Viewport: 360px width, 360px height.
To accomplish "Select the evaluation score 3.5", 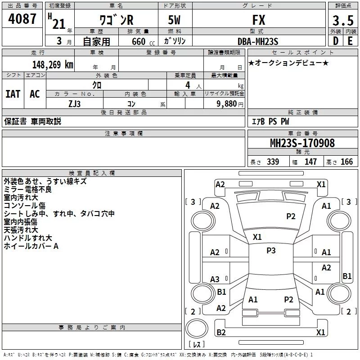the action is tap(342, 21).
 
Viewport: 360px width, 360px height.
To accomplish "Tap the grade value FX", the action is tap(259, 20).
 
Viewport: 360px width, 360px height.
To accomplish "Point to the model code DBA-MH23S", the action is tap(258, 41).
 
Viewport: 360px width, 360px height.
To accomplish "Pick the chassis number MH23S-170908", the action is tap(302, 143).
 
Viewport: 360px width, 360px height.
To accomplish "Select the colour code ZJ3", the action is tap(74, 103).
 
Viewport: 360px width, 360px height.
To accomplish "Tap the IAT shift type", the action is tap(13, 94).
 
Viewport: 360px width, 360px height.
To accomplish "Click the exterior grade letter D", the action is tap(335, 41).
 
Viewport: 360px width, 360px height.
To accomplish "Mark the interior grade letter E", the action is tap(350, 41).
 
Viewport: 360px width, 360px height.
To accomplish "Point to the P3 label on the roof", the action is tap(271, 251).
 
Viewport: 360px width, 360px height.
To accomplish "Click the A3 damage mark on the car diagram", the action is tap(215, 279).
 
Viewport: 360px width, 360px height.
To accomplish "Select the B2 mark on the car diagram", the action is tap(221, 332).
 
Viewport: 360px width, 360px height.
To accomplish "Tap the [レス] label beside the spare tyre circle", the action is tap(197, 345).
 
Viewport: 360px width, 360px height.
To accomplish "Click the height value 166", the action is tap(347, 162).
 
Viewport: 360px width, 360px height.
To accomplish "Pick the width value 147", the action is tap(310, 162).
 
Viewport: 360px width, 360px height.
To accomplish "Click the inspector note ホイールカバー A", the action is tap(31, 246).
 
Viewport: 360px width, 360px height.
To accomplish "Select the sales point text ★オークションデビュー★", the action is tap(288, 63).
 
